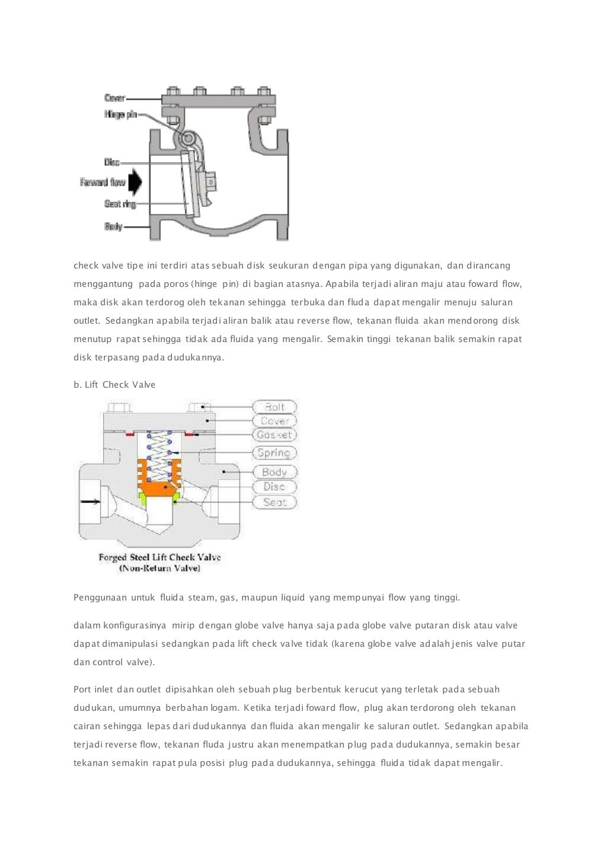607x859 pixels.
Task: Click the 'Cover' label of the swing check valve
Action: tap(114, 98)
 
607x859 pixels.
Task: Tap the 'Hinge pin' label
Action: tap(120, 114)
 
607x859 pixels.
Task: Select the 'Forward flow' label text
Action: tap(103, 183)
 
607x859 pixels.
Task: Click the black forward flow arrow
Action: tap(136, 183)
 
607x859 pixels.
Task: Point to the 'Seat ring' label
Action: tap(120, 205)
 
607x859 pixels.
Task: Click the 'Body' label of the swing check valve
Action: tap(113, 226)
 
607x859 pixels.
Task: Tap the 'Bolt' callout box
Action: tap(274, 407)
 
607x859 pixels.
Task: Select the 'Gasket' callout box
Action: tap(274, 435)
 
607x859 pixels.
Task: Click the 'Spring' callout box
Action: tap(274, 454)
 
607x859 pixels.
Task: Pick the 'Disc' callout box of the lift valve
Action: tap(274, 487)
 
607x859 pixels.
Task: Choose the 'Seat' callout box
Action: tap(274, 503)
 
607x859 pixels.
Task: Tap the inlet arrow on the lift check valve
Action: tap(91, 502)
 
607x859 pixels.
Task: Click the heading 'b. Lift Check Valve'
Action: tap(114, 385)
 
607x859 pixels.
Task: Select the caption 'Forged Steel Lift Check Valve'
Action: tap(159, 557)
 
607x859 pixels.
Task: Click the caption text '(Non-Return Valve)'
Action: tap(159, 568)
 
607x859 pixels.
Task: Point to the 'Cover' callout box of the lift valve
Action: tap(274, 421)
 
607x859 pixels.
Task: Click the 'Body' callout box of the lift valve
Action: tap(274, 472)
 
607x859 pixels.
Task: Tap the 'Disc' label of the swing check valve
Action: tap(112, 162)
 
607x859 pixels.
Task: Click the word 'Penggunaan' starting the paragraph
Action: tap(100, 598)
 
